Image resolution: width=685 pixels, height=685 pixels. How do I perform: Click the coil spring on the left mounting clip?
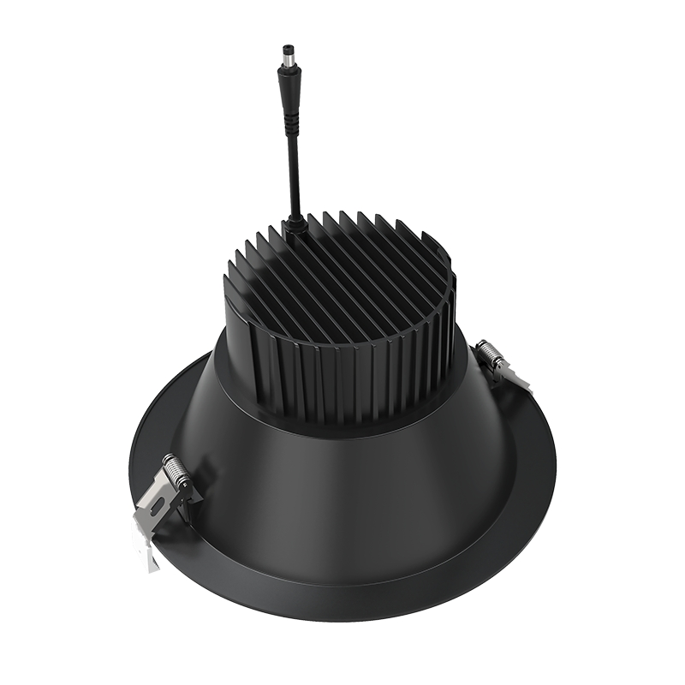click(x=175, y=471)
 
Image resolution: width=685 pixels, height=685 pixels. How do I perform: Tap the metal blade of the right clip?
click(x=514, y=377)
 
